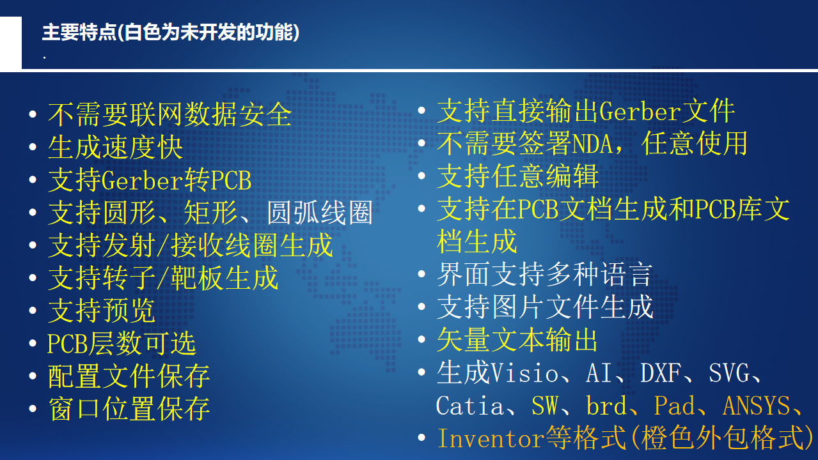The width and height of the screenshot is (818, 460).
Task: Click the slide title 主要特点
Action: coord(79,33)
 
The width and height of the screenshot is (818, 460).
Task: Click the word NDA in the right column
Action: coord(592,144)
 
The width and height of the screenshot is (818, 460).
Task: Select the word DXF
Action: coord(660,373)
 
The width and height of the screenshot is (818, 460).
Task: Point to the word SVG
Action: coord(729,373)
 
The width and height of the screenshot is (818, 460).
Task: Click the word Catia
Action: coord(469,405)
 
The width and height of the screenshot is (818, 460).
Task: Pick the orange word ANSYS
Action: coord(757,405)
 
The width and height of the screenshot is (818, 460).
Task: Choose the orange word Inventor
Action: coord(491,438)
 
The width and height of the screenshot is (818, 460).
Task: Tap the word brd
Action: coord(606,405)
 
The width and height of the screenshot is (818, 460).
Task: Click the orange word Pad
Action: coord(674,405)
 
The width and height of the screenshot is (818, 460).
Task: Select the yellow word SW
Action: coord(544,405)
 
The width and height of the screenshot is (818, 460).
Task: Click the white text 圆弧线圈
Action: coord(320,213)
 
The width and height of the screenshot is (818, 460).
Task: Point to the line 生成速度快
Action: coord(115,148)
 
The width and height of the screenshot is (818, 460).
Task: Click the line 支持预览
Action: coord(102,310)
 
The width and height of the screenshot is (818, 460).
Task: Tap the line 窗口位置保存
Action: coord(129,409)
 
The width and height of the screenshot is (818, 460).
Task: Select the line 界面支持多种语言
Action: coord(545,274)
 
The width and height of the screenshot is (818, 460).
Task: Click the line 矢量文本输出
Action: coord(517,340)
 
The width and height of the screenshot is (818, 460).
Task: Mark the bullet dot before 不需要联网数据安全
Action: coord(33,114)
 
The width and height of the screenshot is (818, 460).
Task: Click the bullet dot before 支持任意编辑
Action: coord(421,176)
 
